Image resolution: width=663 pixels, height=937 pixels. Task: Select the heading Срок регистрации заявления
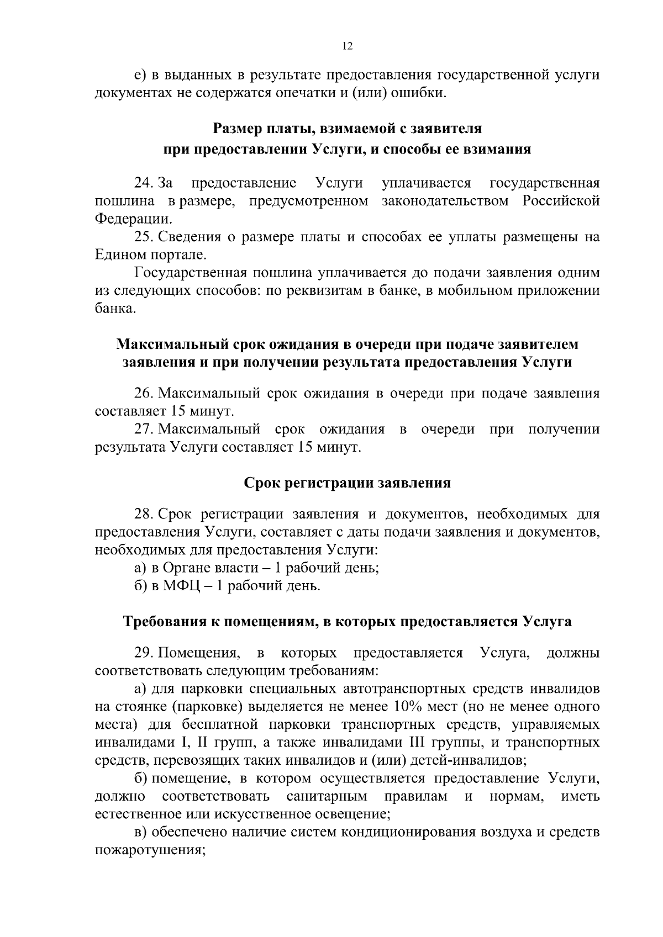click(x=347, y=483)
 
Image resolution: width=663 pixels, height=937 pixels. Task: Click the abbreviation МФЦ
click(x=178, y=586)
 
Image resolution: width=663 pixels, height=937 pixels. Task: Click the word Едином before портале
click(x=119, y=255)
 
